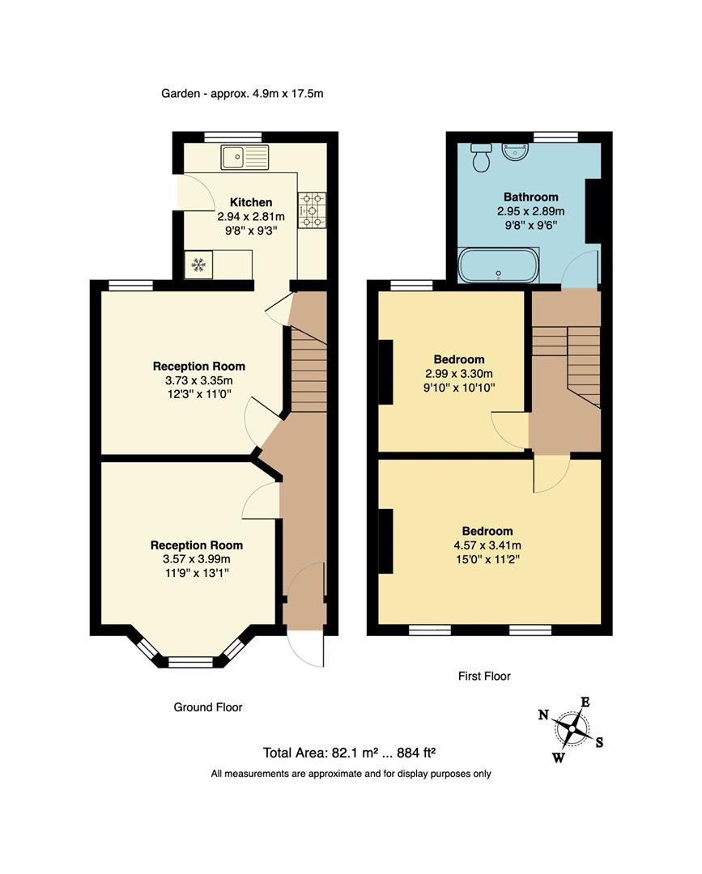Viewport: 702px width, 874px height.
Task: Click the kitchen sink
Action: point(244,156)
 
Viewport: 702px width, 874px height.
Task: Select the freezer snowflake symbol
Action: point(198,264)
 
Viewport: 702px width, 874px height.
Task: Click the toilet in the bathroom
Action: point(481,156)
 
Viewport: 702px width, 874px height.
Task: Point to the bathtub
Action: point(497,265)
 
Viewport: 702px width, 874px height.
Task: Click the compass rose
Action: point(572,729)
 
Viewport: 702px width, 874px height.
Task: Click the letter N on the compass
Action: point(543,715)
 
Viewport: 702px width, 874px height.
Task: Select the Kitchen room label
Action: point(251,202)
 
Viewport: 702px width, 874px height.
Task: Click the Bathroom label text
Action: point(530,197)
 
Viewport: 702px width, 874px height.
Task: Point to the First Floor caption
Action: point(483,676)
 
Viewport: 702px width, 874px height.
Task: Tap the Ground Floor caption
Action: point(208,707)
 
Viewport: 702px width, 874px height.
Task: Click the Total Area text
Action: point(350,753)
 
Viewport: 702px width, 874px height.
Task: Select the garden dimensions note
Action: point(242,93)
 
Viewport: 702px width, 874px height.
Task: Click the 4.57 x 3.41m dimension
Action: point(487,545)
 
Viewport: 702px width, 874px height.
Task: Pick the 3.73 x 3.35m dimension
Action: point(198,380)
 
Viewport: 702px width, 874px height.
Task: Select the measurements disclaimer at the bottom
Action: point(351,774)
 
